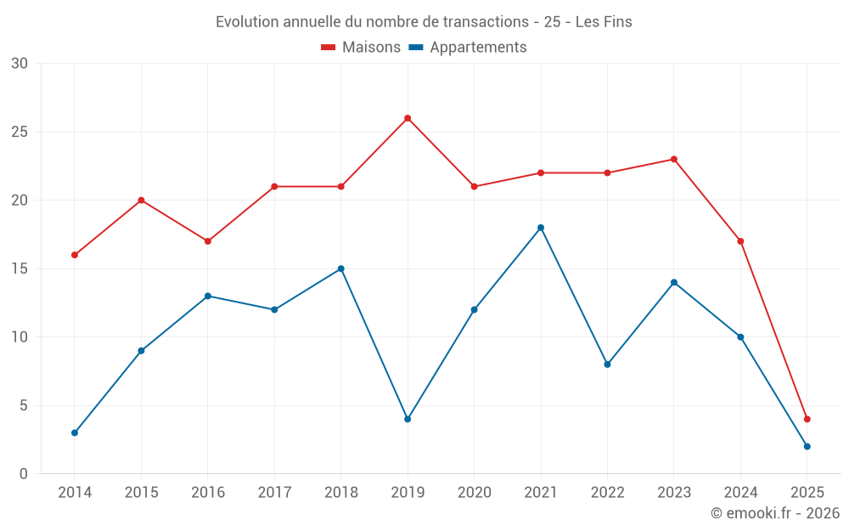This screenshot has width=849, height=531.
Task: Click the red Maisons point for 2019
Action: click(x=408, y=118)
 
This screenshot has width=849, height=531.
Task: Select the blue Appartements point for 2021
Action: click(x=541, y=228)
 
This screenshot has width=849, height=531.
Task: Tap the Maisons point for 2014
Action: click(x=75, y=255)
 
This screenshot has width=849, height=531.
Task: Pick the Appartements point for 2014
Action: click(x=75, y=432)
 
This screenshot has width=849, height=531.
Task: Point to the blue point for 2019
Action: click(x=408, y=419)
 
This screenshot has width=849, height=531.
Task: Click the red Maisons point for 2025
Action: click(x=807, y=419)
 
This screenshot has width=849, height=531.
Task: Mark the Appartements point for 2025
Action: click(x=807, y=446)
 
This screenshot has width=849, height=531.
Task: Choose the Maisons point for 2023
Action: click(x=674, y=159)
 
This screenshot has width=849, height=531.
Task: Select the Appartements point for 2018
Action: click(x=341, y=268)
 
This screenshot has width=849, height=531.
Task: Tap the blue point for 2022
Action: click(x=607, y=364)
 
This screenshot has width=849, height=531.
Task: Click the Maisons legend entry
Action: click(x=361, y=48)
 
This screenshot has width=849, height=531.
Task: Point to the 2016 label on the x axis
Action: click(x=208, y=493)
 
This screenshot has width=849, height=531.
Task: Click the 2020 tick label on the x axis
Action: click(x=474, y=493)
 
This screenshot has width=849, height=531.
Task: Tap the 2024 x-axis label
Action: click(x=740, y=493)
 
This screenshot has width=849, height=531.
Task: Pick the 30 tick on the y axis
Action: click(x=20, y=64)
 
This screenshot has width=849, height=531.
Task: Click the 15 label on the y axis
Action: click(x=20, y=269)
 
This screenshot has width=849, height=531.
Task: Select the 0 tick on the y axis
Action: click(x=24, y=474)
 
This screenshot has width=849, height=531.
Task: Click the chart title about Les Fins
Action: click(x=424, y=22)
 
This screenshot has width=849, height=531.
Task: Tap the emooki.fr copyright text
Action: click(x=775, y=513)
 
